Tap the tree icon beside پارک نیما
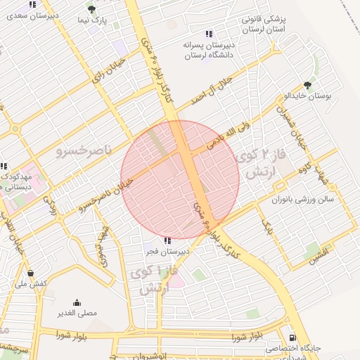click(x=91, y=8)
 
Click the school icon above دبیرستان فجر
click(x=166, y=240)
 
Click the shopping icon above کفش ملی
click(x=30, y=272)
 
